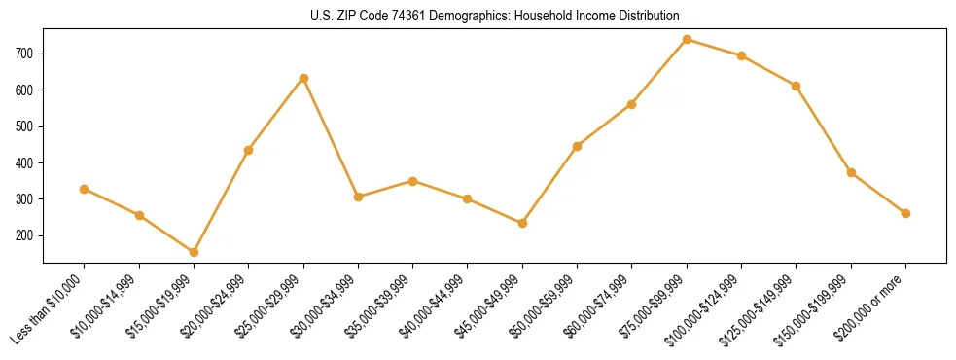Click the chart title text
tap(495, 16)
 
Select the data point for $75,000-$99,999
tap(687, 39)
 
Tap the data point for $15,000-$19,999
tap(194, 252)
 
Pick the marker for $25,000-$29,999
tap(303, 78)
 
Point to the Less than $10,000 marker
tap(85, 189)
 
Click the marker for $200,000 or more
tap(905, 213)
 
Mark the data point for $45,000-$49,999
tap(522, 223)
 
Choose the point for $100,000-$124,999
tap(741, 55)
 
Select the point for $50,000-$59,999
tap(578, 146)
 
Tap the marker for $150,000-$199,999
tap(851, 172)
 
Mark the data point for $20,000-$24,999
tap(248, 150)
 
